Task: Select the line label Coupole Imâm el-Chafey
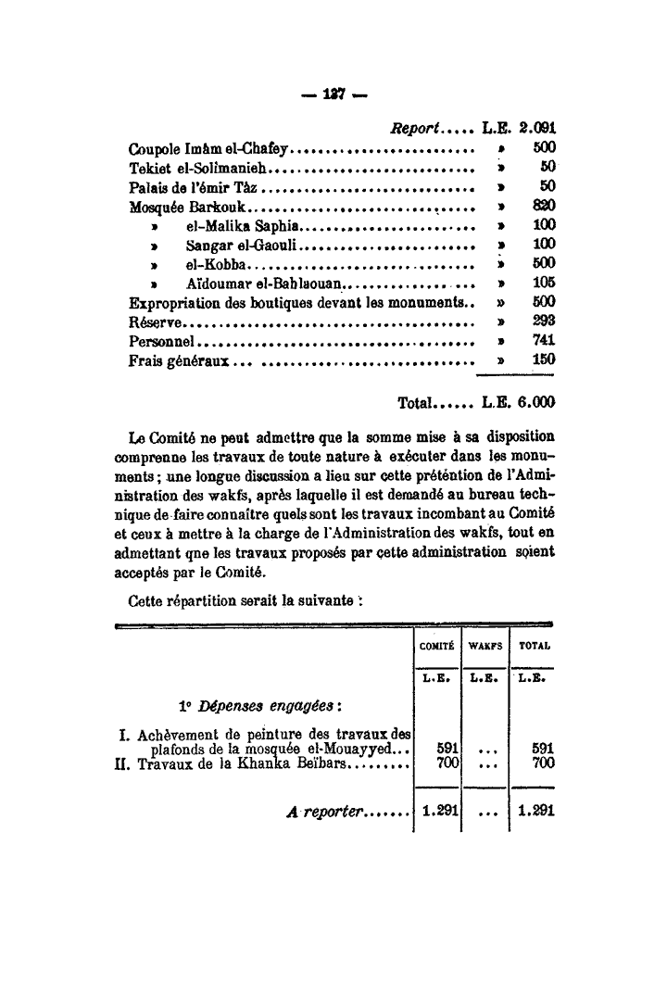point(211,148)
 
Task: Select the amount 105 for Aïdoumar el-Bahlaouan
point(543,283)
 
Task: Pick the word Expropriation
point(173,302)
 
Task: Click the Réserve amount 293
point(543,321)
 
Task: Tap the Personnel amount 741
point(543,341)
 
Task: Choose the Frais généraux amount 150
point(543,359)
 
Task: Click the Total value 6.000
point(535,404)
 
